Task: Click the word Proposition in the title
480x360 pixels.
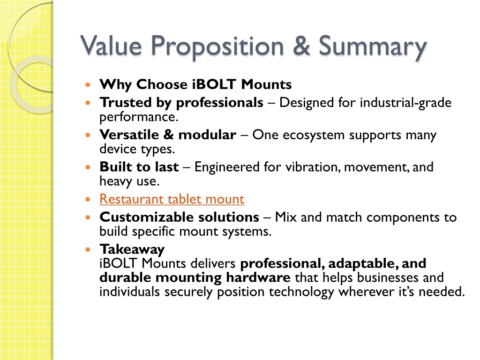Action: coord(217,46)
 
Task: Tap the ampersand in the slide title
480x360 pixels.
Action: coord(301,45)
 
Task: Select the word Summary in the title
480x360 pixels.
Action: coord(373,47)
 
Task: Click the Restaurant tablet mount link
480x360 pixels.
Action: coord(172,199)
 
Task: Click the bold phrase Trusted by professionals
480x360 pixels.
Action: coord(181,103)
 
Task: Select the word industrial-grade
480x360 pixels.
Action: coord(405,103)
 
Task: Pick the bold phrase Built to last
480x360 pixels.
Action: coord(139,167)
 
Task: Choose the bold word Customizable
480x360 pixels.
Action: coord(147,217)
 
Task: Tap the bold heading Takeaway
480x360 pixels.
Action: coord(132,250)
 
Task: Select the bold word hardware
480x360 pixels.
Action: coord(258,277)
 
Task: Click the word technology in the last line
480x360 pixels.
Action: coord(301,292)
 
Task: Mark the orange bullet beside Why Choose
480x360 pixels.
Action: coord(88,84)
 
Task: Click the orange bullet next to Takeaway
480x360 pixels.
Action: coord(88,249)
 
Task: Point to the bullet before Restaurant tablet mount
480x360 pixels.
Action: coord(88,199)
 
